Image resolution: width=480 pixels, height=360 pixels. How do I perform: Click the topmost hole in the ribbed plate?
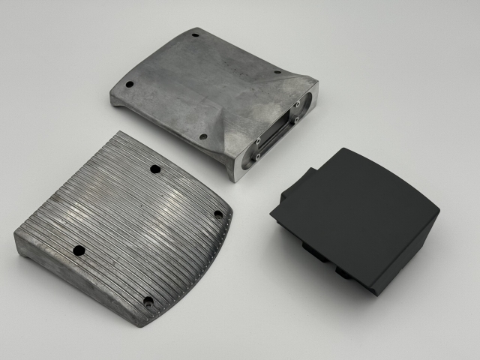pos(155,169)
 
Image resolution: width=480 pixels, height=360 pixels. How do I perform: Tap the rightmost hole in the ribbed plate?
pos(218,214)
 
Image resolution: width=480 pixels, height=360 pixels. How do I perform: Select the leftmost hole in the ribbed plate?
pos(78,250)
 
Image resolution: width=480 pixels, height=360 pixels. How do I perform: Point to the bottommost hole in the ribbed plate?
pos(148,302)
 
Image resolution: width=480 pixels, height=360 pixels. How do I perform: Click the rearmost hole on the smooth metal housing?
pos(196,34)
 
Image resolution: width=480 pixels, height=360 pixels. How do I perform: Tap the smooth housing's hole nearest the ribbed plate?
pos(203,137)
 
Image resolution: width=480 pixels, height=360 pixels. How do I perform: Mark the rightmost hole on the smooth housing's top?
pos(277,72)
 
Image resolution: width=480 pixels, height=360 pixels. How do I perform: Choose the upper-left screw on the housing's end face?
pos(259,139)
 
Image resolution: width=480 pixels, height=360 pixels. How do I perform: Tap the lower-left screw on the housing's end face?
pos(256,157)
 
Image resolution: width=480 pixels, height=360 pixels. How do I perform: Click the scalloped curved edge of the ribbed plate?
pos(214,262)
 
